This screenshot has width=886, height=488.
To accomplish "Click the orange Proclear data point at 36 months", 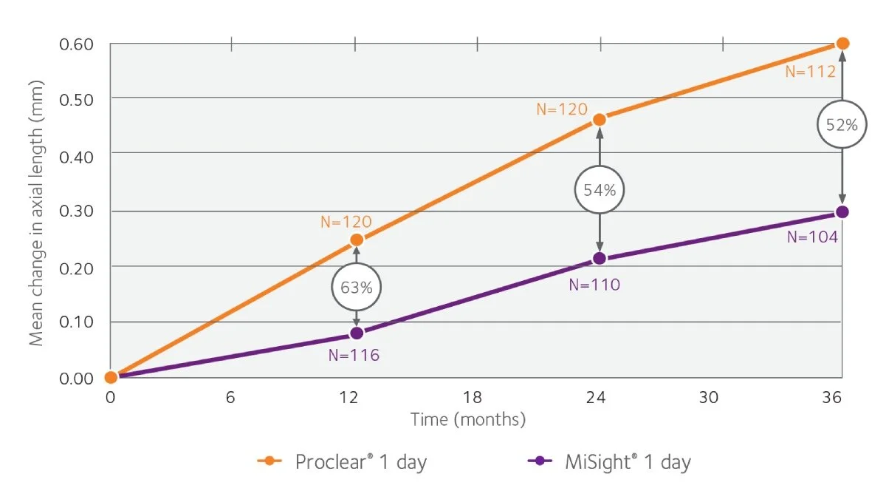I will point(842,44).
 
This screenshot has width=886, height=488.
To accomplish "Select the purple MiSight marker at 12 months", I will point(357,333).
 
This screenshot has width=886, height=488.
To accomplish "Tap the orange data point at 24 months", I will point(600,119).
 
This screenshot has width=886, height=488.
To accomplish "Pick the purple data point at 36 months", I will point(842,212).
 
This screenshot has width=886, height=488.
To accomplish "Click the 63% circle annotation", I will point(357,287).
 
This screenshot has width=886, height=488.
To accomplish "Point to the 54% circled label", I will point(600,190).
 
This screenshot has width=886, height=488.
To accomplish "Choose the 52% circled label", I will point(842,125).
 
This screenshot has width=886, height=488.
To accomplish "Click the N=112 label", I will point(810,72).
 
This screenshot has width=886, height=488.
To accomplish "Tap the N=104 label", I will point(812,237).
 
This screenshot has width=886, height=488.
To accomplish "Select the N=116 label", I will point(354,356).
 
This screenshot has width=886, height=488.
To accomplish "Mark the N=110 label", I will point(594,284).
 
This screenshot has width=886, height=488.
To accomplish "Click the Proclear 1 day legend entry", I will point(343,463).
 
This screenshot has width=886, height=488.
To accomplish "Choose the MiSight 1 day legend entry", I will point(610,463).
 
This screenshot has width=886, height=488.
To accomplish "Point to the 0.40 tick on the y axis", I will point(76,154).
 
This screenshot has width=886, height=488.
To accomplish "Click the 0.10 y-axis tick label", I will point(76,322).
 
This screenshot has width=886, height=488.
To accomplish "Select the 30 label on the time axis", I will point(709,398).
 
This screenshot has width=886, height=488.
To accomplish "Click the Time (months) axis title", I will point(468,420).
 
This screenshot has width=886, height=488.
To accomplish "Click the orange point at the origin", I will point(111,377).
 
